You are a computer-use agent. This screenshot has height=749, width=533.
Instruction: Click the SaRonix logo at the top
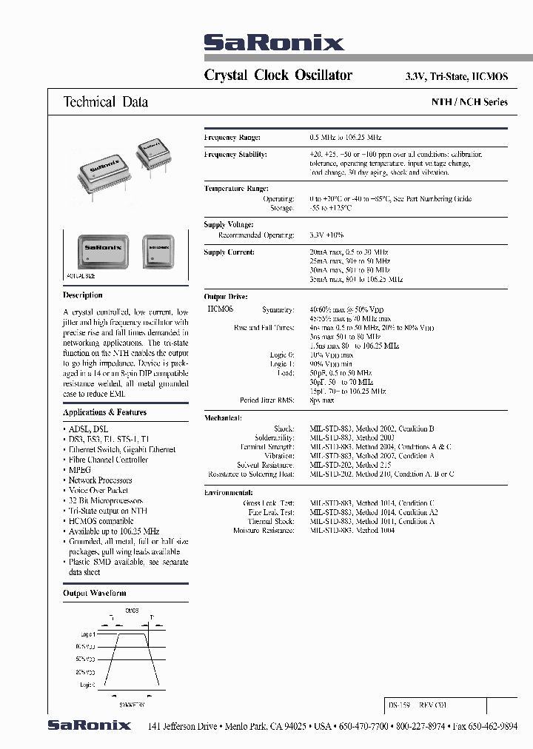pos(274,44)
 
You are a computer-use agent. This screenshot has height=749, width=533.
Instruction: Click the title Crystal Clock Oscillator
pos(278,75)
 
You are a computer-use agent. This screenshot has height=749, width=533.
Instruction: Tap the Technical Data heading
pos(106,102)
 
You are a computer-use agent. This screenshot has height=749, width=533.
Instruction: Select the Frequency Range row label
pos(232,138)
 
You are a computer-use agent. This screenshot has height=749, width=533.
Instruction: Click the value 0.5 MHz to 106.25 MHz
pos(346,138)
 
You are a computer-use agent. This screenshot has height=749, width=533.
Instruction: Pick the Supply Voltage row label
pos(229,224)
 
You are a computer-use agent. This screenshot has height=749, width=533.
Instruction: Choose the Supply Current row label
pos(229,252)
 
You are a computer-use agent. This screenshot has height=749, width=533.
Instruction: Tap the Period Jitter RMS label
pos(266,400)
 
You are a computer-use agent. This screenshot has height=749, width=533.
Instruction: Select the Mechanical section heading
pos(223,418)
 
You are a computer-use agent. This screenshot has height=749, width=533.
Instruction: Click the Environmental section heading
pos(229,492)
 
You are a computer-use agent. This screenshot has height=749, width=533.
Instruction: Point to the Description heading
pos(83,295)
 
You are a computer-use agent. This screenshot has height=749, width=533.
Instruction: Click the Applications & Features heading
pos(104,412)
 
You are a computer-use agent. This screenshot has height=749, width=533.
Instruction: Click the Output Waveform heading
pos(95,593)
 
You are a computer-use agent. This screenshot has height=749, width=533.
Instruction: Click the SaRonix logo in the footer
pos(90,725)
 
